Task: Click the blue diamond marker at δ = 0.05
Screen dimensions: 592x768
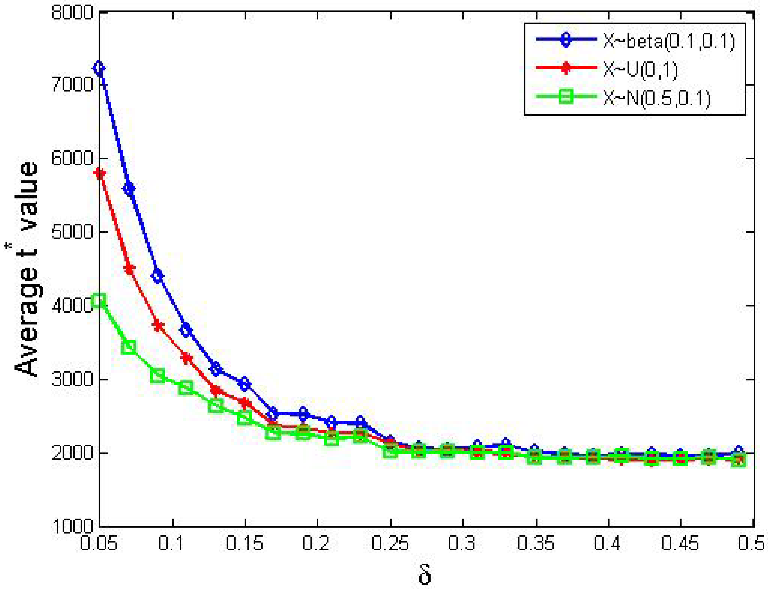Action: [x=99, y=68]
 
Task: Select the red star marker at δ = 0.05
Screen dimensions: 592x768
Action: [x=100, y=174]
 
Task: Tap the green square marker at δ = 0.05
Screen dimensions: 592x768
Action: [x=99, y=301]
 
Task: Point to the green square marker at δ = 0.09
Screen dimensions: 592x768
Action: [x=158, y=376]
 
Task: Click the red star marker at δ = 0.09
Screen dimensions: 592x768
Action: [x=158, y=326]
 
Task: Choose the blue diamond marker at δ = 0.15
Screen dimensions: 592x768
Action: [x=245, y=383]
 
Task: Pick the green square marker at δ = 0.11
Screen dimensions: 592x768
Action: [x=186, y=388]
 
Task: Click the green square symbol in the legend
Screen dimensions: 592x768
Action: [x=566, y=96]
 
